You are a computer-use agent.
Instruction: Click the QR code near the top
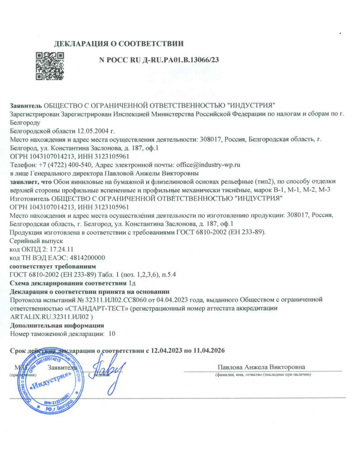pyautogui.click(x=49, y=66)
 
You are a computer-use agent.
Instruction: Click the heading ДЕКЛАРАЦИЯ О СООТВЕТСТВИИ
pyautogui.click(x=119, y=43)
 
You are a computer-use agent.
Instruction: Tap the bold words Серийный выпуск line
pyautogui.click(x=36, y=241)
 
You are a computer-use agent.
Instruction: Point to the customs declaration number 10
pyautogui.click(x=111, y=333)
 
